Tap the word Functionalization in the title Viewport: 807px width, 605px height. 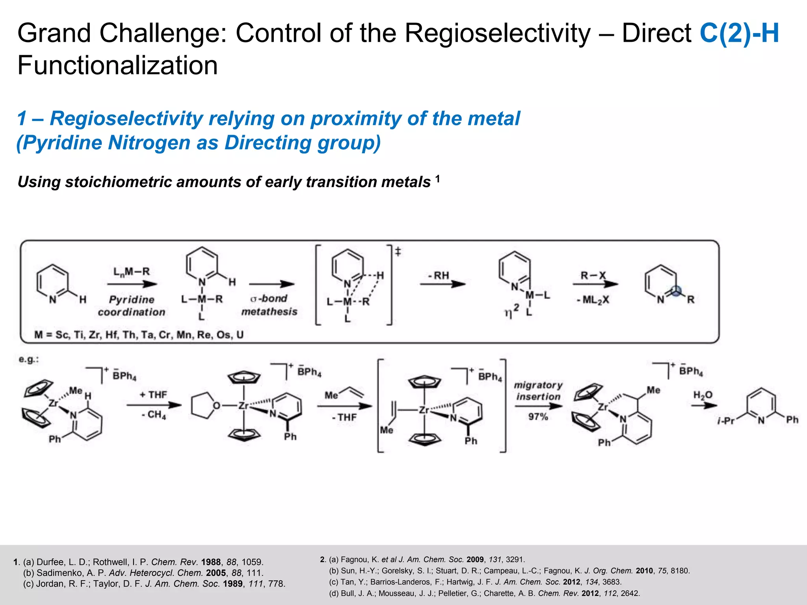pos(117,65)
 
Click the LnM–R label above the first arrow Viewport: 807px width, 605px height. pos(132,272)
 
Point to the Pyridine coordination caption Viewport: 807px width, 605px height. pos(132,306)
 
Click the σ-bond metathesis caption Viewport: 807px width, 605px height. pos(269,305)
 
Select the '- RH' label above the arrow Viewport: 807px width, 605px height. pos(438,275)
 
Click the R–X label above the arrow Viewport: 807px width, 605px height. pos(593,275)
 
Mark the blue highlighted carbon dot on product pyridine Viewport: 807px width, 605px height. pos(676,292)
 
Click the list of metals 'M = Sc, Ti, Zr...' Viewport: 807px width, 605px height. pos(139,335)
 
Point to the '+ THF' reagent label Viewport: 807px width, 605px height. pos(153,395)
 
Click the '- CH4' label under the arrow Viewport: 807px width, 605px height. pos(154,415)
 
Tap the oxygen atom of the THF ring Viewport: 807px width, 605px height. pos(216,406)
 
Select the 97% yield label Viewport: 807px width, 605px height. pos(538,416)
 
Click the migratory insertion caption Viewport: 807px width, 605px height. pos(538,391)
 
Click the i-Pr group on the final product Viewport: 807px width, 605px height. pos(726,421)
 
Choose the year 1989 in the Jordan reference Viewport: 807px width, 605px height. pos(232,584)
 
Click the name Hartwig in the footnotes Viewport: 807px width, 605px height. pos(462,582)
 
